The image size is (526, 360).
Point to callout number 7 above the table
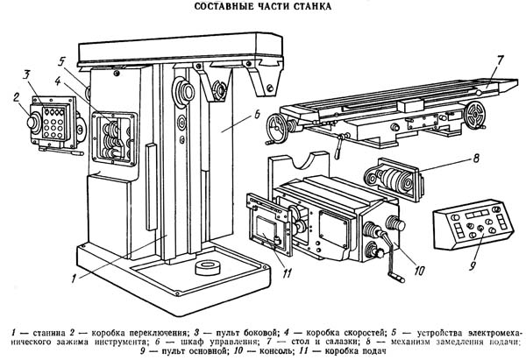point(498,61)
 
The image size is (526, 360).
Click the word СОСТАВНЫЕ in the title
point(224,9)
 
